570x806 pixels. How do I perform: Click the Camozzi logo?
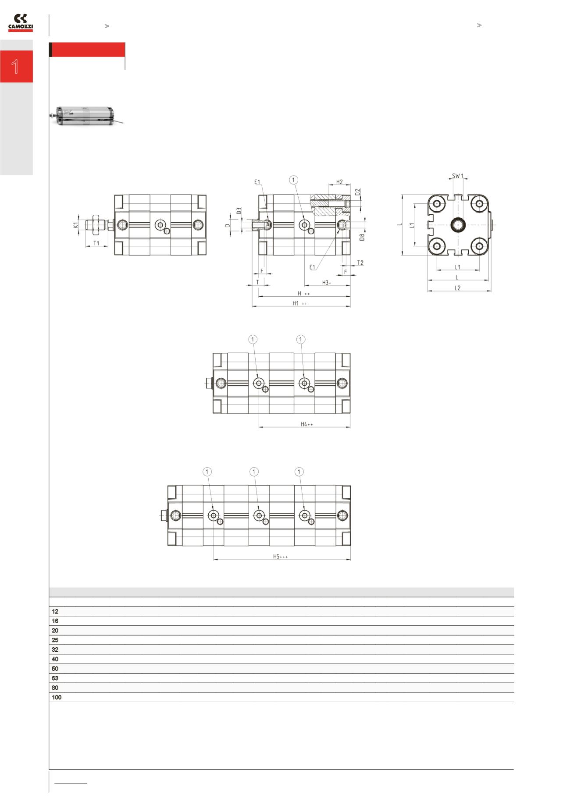[x=21, y=23]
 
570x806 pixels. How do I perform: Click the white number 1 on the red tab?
[x=16, y=67]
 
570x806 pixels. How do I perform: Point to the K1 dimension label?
[x=76, y=225]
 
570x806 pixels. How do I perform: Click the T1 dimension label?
[x=96, y=243]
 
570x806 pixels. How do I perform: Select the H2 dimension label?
[x=339, y=182]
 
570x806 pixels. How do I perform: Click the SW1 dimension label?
[x=458, y=176]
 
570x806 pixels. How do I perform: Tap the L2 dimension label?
[x=457, y=288]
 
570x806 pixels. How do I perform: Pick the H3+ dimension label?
[x=327, y=283]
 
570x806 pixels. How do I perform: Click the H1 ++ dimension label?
[x=299, y=303]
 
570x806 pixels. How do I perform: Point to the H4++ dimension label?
[x=306, y=424]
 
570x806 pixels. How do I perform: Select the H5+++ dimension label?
[x=280, y=557]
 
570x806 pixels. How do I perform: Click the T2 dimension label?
[x=360, y=263]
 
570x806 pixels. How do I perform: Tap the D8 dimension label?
[x=362, y=237]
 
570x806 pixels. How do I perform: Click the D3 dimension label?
[x=239, y=210]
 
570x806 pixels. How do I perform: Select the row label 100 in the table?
[x=57, y=697]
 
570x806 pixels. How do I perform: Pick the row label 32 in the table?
[x=55, y=650]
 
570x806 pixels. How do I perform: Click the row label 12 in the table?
[x=55, y=611]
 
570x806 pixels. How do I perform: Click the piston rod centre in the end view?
[x=458, y=225]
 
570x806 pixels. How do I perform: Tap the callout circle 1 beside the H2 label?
[x=294, y=180]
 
